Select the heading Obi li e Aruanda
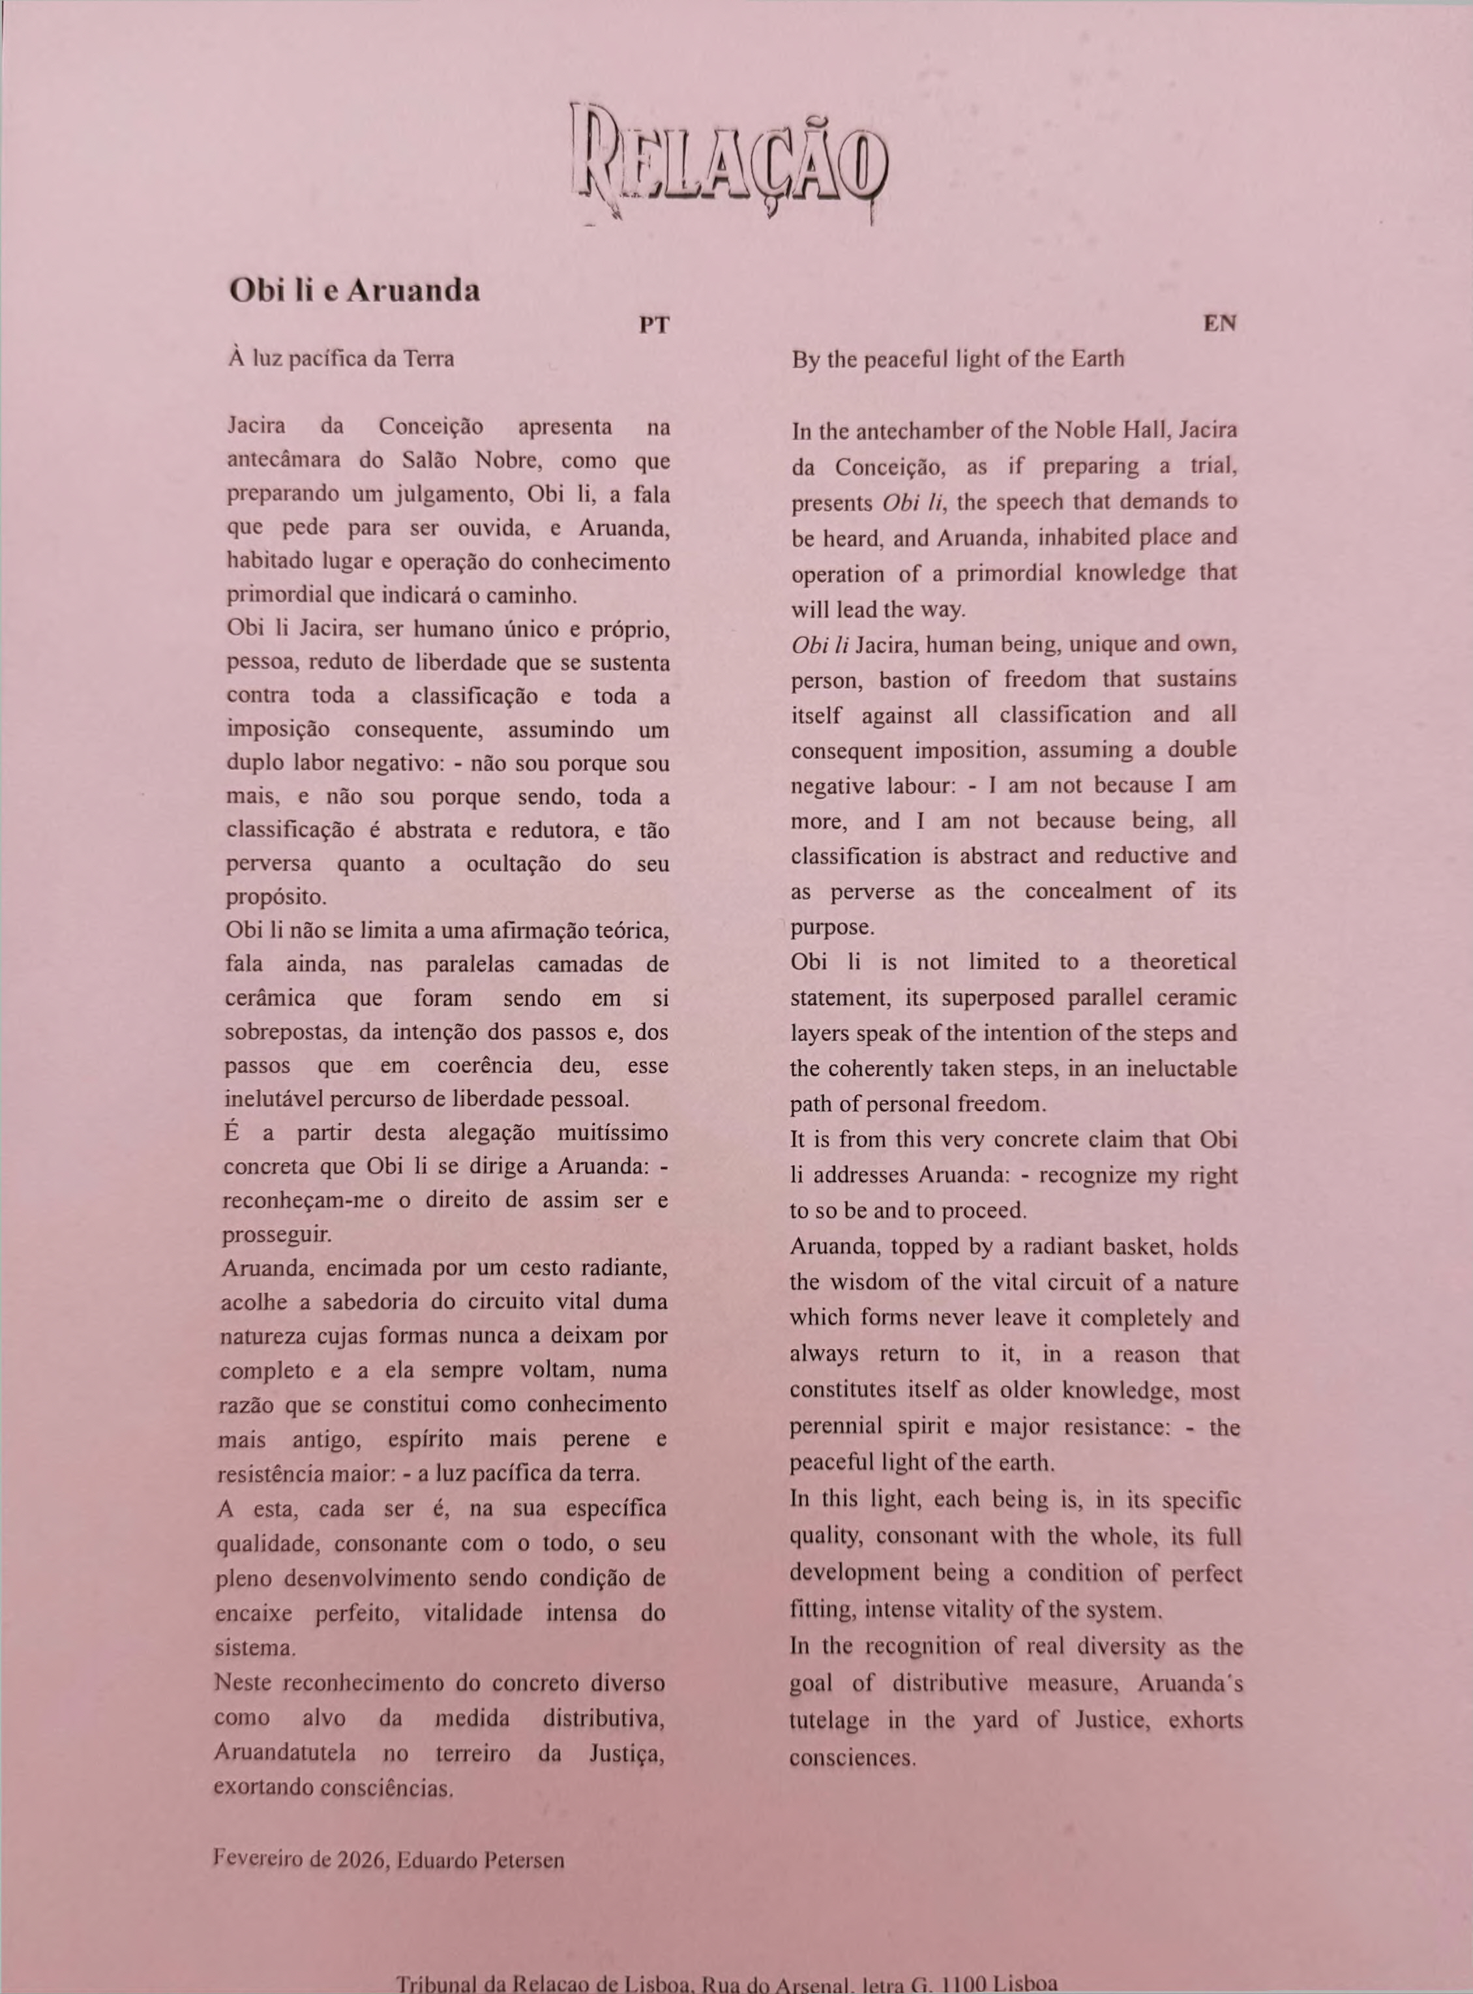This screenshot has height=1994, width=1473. [x=354, y=290]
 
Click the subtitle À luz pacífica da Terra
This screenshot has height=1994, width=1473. [x=340, y=359]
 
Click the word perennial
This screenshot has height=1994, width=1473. [x=835, y=1426]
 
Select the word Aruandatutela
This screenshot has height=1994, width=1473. [x=284, y=1752]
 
